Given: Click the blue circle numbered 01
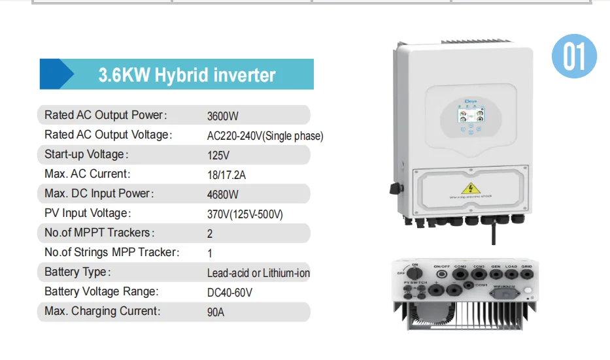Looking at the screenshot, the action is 575,56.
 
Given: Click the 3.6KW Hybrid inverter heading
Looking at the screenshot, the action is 186,74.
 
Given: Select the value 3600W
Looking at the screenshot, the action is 222,116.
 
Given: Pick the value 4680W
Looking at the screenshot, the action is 222,194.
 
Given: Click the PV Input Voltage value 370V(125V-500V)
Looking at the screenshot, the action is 245,214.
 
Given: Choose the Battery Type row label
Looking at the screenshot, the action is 77,272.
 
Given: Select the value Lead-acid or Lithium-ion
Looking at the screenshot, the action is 258,272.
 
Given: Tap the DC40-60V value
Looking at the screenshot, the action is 229,292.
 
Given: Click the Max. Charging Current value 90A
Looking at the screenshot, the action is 215,312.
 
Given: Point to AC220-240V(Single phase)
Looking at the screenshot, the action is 265,136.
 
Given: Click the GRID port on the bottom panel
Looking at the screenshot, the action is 527,277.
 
